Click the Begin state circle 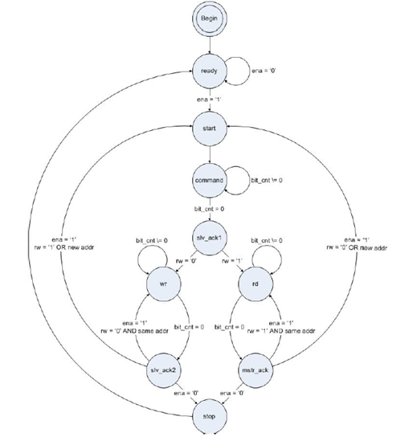point(210,18)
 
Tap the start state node point(210,126)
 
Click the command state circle point(210,181)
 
